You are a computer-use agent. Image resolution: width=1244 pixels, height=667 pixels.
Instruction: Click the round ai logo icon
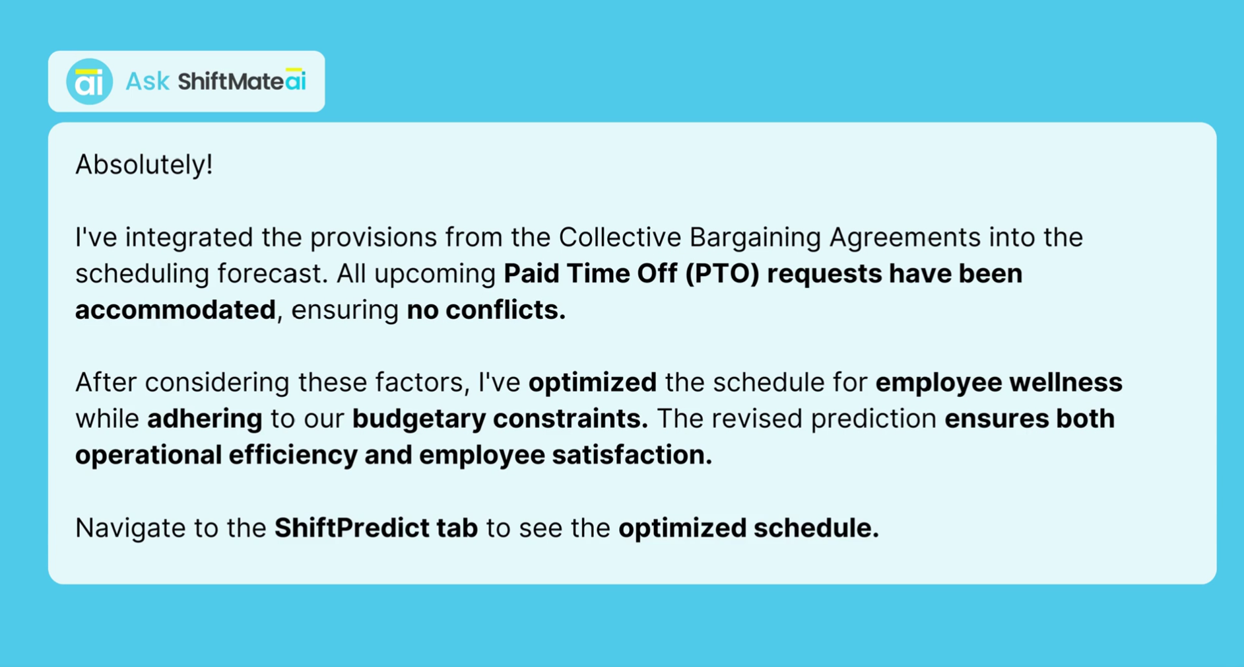(89, 81)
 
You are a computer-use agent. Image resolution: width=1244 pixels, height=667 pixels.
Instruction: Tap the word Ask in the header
(147, 82)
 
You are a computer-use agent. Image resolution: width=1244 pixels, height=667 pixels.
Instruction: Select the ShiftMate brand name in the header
(231, 81)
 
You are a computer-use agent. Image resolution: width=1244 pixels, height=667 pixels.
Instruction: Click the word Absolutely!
(144, 164)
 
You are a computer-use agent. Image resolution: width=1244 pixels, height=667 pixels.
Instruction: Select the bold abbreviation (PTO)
(722, 274)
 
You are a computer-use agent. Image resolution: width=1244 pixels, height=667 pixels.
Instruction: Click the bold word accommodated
(176, 310)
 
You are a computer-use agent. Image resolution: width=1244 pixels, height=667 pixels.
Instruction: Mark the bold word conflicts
(506, 310)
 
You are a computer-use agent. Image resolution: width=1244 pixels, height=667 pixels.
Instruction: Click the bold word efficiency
(293, 455)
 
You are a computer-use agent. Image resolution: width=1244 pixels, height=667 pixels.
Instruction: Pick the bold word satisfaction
(632, 455)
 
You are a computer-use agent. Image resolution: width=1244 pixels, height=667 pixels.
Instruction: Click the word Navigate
(130, 528)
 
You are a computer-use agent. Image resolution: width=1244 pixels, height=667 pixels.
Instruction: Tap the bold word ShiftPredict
(352, 528)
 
